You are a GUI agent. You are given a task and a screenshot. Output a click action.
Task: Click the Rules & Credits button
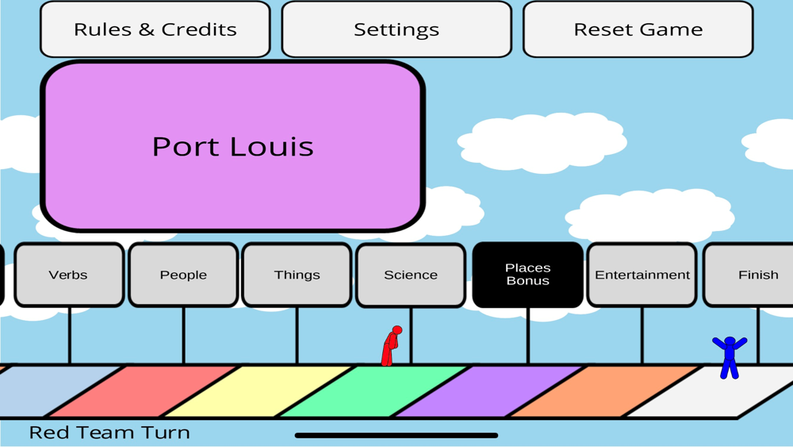click(155, 29)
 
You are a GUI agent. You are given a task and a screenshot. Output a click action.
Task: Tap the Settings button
click(396, 29)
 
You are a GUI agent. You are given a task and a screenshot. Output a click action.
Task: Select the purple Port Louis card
click(232, 147)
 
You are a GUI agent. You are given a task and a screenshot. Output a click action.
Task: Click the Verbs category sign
click(69, 275)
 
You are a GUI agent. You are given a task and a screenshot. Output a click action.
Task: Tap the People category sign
click(183, 275)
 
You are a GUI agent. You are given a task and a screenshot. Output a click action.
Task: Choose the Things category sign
click(297, 275)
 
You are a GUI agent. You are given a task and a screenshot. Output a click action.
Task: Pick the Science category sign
click(411, 275)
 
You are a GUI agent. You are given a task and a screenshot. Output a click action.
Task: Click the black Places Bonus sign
click(527, 275)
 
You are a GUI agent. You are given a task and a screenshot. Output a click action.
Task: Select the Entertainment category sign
click(642, 275)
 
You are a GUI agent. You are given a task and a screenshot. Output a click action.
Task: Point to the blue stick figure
click(729, 357)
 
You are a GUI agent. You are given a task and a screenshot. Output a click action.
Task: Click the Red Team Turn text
click(109, 433)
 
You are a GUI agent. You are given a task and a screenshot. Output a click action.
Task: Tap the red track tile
click(143, 391)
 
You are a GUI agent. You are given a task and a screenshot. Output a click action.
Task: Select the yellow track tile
click(258, 391)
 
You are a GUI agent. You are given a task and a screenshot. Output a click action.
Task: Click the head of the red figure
click(397, 330)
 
